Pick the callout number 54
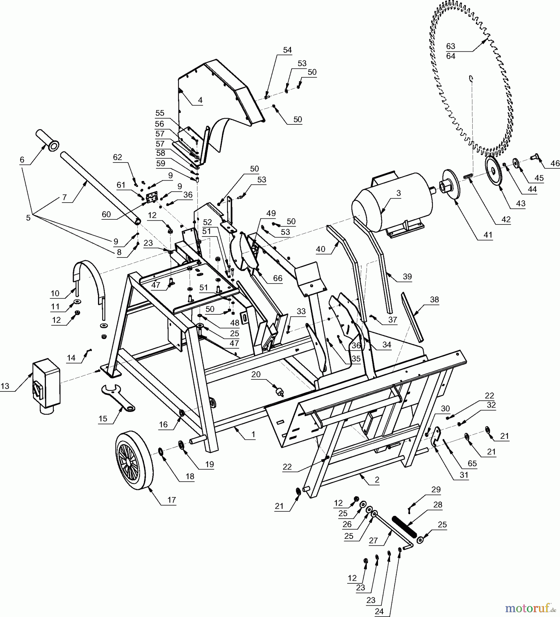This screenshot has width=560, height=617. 287,50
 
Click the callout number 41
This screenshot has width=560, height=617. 487,235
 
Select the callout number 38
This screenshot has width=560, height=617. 434,299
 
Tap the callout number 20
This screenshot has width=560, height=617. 256,374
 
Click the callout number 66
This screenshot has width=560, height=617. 278,278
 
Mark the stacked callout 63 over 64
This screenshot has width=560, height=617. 451,51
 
